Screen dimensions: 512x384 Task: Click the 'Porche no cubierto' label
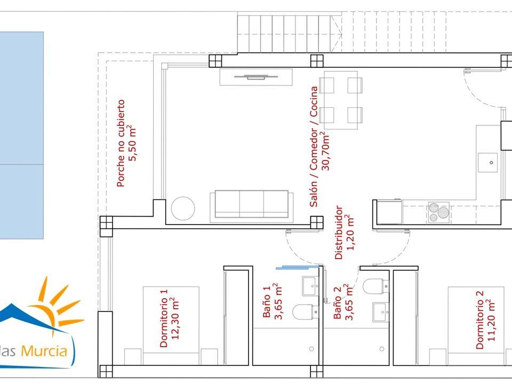click(x=121, y=143)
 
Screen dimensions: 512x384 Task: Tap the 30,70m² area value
click(x=325, y=151)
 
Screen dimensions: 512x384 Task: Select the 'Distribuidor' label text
click(x=339, y=233)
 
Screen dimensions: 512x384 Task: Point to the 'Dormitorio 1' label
click(x=164, y=318)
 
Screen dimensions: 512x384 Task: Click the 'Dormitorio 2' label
click(x=479, y=320)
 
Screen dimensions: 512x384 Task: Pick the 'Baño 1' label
click(x=267, y=302)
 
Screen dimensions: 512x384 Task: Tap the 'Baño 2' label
click(x=337, y=303)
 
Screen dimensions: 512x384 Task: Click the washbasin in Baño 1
click(x=310, y=286)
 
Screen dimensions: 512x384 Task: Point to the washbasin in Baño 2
click(x=381, y=312)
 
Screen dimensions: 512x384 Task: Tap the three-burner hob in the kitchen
click(x=438, y=213)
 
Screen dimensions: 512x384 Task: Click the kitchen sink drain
click(x=491, y=162)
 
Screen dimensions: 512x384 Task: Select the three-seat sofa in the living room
click(x=251, y=205)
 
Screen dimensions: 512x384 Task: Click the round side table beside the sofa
click(x=183, y=209)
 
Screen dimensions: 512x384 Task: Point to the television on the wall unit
click(x=255, y=77)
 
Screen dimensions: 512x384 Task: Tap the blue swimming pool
click(x=21, y=135)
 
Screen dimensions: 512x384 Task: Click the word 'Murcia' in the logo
click(x=44, y=351)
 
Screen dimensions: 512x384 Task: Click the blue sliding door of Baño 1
click(x=297, y=268)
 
